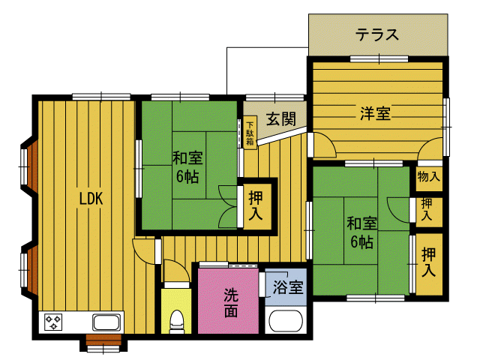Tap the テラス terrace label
click(376, 34)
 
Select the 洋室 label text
click(374, 113)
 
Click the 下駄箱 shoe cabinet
click(250, 133)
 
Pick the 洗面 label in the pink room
click(230, 301)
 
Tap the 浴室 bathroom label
click(288, 286)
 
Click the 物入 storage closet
click(428, 178)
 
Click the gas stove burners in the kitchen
click(54, 323)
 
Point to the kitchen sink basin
click(106, 323)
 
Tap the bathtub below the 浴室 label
click(286, 321)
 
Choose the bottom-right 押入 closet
click(428, 262)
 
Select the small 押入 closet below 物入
click(427, 209)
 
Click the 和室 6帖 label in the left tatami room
click(187, 167)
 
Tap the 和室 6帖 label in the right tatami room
click(361, 232)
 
